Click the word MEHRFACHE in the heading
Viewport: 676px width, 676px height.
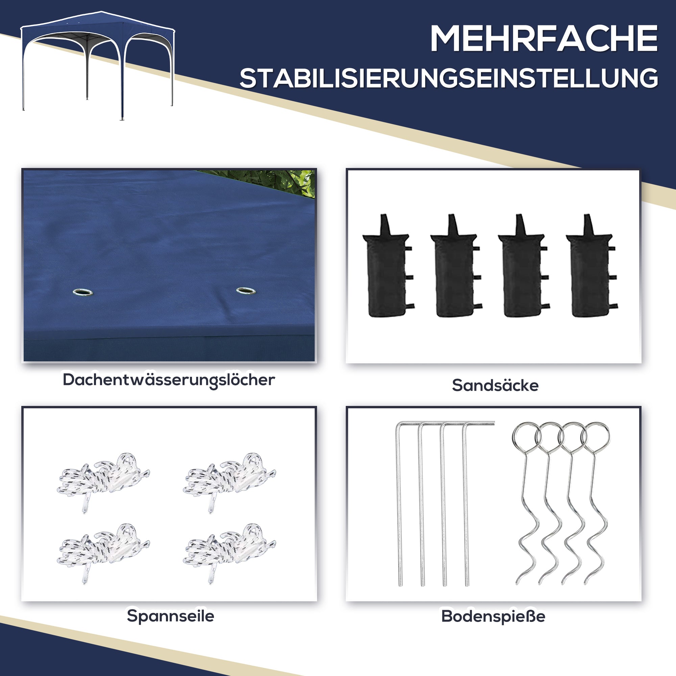544,39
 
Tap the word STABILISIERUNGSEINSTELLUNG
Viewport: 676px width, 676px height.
449,78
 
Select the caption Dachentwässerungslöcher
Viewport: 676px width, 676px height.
169,380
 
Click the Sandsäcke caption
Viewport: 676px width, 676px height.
495,386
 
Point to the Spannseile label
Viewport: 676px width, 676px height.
170,616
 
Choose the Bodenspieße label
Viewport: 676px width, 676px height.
493,616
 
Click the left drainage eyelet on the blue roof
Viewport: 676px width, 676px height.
82,292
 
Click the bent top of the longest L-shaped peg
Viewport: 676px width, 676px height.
479,424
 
